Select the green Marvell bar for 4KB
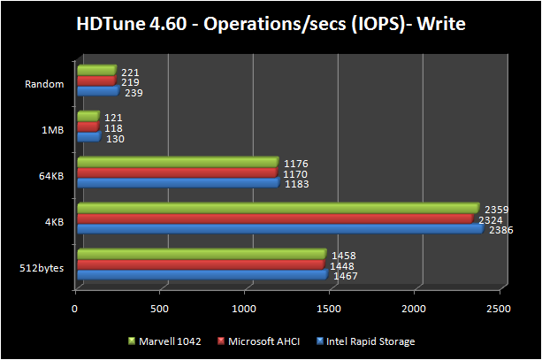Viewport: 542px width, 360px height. (x=278, y=209)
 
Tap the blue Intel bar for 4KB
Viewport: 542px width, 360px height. (x=279, y=229)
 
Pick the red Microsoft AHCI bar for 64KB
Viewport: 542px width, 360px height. (x=177, y=172)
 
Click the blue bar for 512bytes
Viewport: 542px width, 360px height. (x=202, y=275)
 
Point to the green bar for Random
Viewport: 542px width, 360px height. (x=96, y=71)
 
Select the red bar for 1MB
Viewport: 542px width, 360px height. (x=88, y=126)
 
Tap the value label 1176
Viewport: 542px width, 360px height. (x=297, y=162)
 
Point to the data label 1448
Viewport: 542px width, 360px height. (x=343, y=265)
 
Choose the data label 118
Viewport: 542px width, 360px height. (x=113, y=128)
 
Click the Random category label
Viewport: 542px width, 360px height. (x=46, y=85)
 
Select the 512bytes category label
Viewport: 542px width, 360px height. (x=42, y=267)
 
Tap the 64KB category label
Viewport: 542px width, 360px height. (x=50, y=176)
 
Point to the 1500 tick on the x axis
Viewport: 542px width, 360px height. (x=329, y=310)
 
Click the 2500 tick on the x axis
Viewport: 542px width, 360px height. (x=498, y=310)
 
